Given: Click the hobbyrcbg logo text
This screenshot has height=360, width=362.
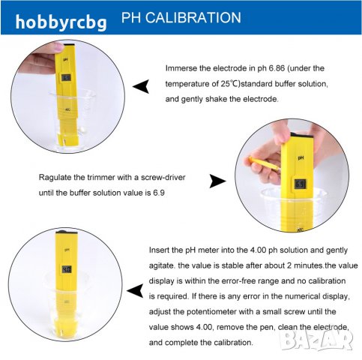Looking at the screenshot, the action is pos(61,22).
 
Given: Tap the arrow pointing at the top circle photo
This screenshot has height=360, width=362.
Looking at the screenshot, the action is pos(141,86).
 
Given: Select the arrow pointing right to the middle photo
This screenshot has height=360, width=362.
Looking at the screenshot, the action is pos(217,181).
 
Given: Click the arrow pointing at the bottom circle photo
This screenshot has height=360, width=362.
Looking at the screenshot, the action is pos(135,291).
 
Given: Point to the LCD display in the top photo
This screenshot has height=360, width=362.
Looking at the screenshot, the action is pos(66,78).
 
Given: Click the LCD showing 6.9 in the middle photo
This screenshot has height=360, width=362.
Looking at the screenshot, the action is pos(300,184).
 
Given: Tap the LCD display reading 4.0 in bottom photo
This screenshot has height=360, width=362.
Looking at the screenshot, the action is pos(67,269).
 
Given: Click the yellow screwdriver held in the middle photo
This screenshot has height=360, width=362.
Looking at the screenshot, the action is pos(264,163).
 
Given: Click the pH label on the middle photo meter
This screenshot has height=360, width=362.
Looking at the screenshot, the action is pos(301,157).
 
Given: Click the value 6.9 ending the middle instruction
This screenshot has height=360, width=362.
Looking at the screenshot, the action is pos(159,193).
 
